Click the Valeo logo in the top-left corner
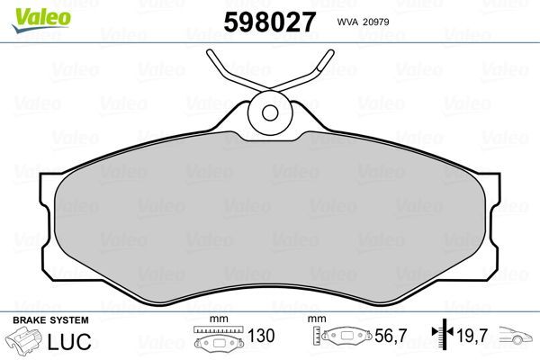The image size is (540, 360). [31, 12]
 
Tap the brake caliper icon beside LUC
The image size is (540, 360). [26, 344]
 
